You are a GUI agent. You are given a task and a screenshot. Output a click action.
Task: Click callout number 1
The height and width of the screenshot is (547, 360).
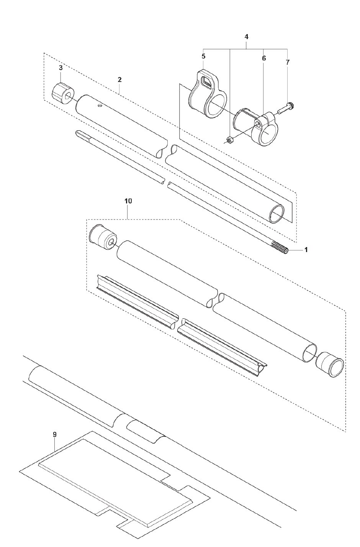pos(306,250)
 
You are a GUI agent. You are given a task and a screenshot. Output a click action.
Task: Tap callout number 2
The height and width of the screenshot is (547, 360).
pos(119,80)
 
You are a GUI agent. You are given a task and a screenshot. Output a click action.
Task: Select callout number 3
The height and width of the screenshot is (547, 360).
pos(61,68)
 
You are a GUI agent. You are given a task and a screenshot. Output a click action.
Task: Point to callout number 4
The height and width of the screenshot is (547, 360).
pos(247,37)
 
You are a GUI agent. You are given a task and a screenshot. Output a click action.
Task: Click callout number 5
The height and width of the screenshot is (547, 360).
pos(203,56)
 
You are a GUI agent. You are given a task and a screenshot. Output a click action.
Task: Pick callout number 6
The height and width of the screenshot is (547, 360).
pos(264,58)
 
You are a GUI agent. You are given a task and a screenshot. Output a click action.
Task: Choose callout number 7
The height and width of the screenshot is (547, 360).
pos(288,62)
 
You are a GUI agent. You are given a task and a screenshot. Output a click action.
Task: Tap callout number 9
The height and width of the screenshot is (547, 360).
pos(55,434)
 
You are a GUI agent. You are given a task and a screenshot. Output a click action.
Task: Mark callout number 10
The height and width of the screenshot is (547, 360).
pos(128,201)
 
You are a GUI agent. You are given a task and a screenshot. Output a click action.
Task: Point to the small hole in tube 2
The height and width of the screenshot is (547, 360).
pos(99,105)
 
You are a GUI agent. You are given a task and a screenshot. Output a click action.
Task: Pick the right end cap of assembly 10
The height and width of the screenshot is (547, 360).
pos(329,364)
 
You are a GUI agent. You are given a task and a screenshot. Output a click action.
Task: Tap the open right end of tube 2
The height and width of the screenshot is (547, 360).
pos(277,214)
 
